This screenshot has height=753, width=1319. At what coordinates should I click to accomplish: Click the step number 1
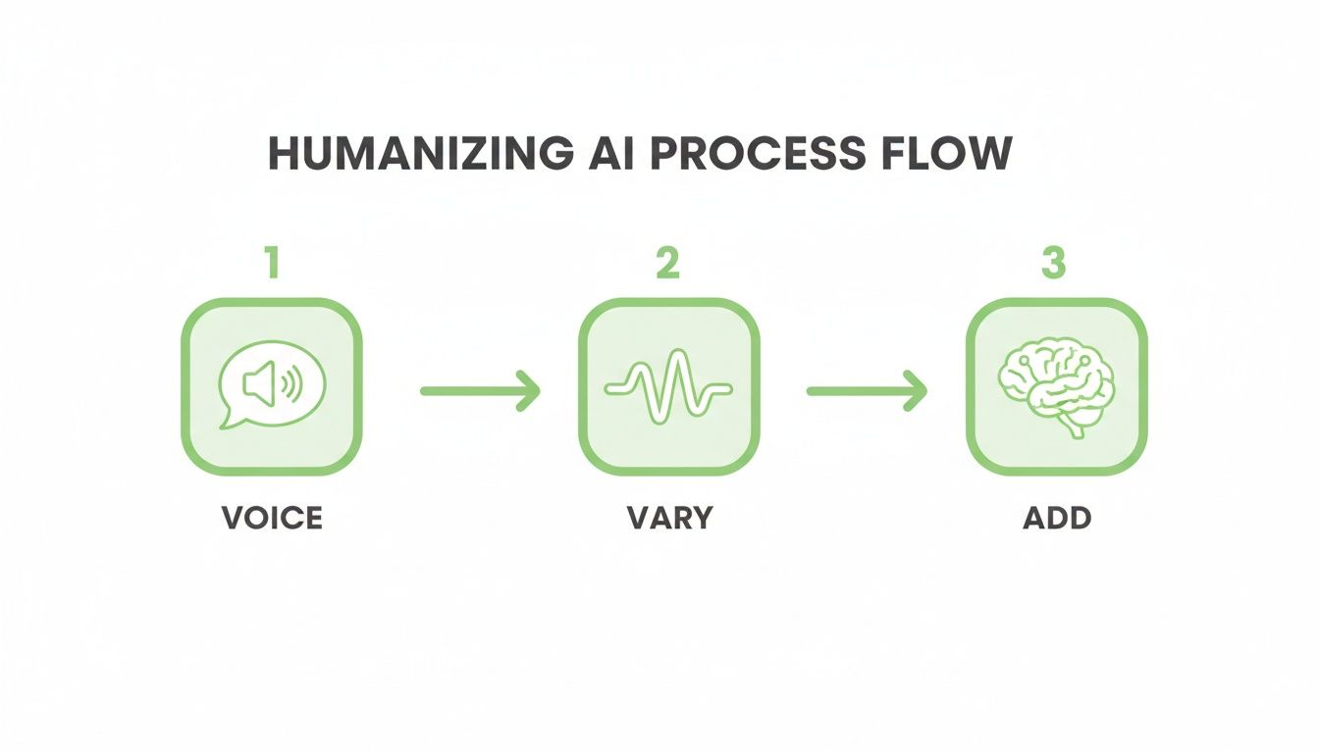coord(272,265)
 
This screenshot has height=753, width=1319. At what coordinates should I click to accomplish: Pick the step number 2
coord(667,265)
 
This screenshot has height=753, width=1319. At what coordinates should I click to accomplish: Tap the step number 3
coord(1053,265)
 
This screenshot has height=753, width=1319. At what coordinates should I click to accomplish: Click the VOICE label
coord(272,518)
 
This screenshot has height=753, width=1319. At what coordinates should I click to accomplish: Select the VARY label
coord(667,518)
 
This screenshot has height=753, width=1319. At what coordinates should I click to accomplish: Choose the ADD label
coord(1057,518)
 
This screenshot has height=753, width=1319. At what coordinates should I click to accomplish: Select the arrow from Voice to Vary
coord(480,391)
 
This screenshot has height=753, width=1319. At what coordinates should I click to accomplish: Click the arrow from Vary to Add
coord(867,391)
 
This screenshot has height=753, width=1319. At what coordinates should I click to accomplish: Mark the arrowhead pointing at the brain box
coord(917,391)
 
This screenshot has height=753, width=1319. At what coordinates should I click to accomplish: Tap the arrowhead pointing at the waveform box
coord(530,391)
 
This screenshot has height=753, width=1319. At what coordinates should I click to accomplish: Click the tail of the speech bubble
coord(228,421)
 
